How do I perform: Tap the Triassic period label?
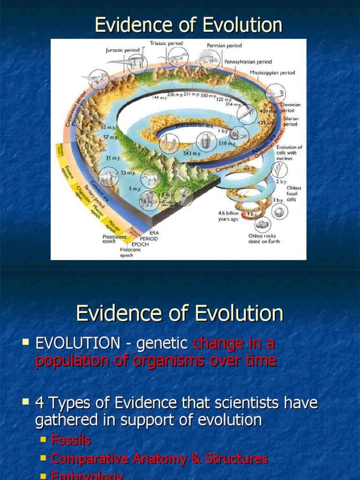(x=166, y=43)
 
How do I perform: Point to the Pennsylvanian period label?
(x=247, y=61)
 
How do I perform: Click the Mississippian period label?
(x=272, y=73)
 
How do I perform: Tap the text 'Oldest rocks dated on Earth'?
(x=264, y=239)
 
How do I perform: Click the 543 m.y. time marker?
(x=192, y=153)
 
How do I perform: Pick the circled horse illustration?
(x=150, y=178)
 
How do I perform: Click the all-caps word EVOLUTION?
(x=77, y=344)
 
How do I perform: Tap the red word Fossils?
(x=70, y=441)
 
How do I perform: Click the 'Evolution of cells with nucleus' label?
(x=289, y=153)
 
